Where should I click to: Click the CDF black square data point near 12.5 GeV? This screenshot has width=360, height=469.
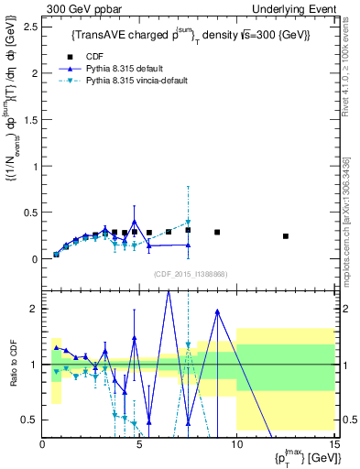[285, 236]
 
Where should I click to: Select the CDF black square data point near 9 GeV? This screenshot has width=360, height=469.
[217, 233]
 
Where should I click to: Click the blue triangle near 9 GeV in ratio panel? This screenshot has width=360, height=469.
[217, 311]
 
